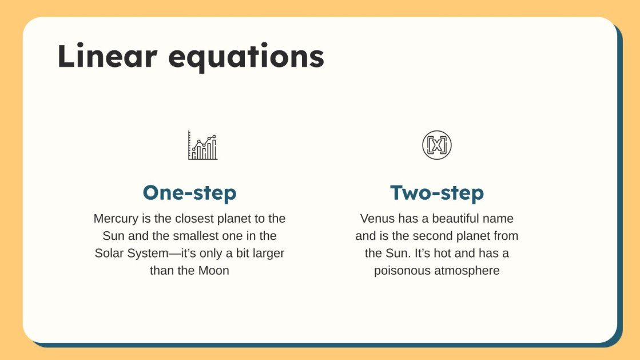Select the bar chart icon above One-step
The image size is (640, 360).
tap(202, 145)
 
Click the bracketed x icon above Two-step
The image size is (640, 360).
tap(437, 145)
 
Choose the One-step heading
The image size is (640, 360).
tap(189, 193)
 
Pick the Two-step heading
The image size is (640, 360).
tap(437, 193)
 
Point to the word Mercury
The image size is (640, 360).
tap(114, 219)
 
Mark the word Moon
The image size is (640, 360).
tap(214, 270)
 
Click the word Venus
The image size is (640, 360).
tap(375, 219)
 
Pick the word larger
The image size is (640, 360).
tap(267, 253)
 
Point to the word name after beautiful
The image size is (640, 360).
tap(499, 219)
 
